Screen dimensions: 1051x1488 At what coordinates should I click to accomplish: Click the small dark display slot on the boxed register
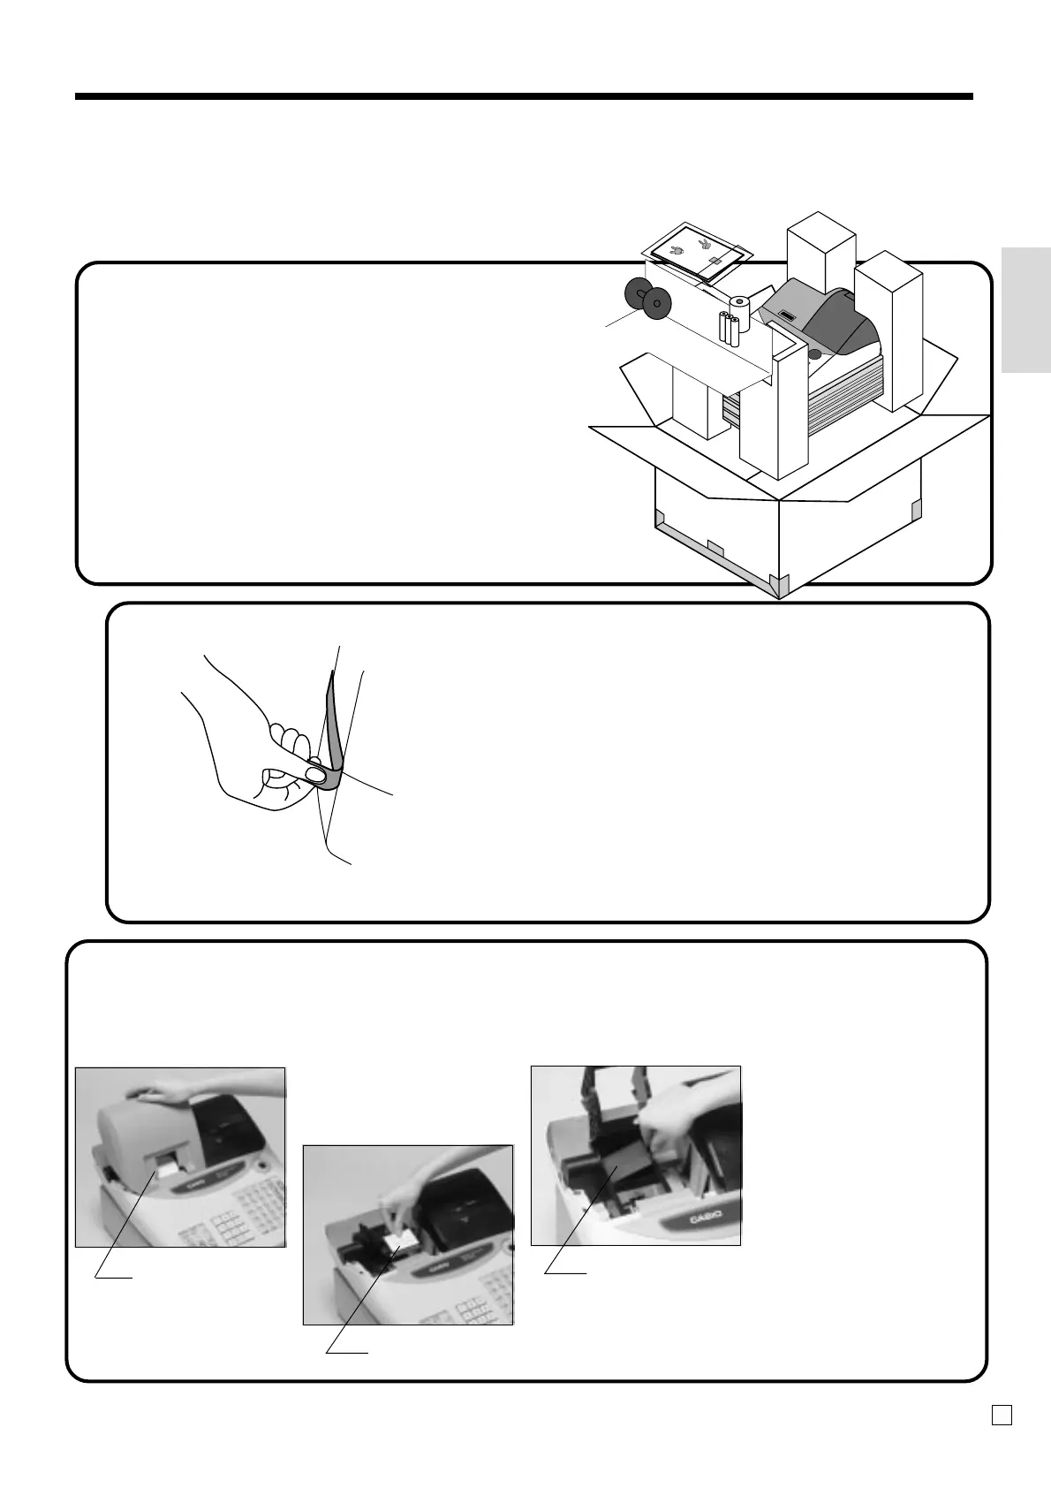click(x=788, y=315)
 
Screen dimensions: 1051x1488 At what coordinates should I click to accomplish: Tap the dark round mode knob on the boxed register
click(x=813, y=353)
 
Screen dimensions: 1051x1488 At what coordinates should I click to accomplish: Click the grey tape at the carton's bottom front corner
click(x=777, y=583)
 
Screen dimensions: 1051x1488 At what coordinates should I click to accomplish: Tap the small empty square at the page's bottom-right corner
click(x=1001, y=1416)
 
